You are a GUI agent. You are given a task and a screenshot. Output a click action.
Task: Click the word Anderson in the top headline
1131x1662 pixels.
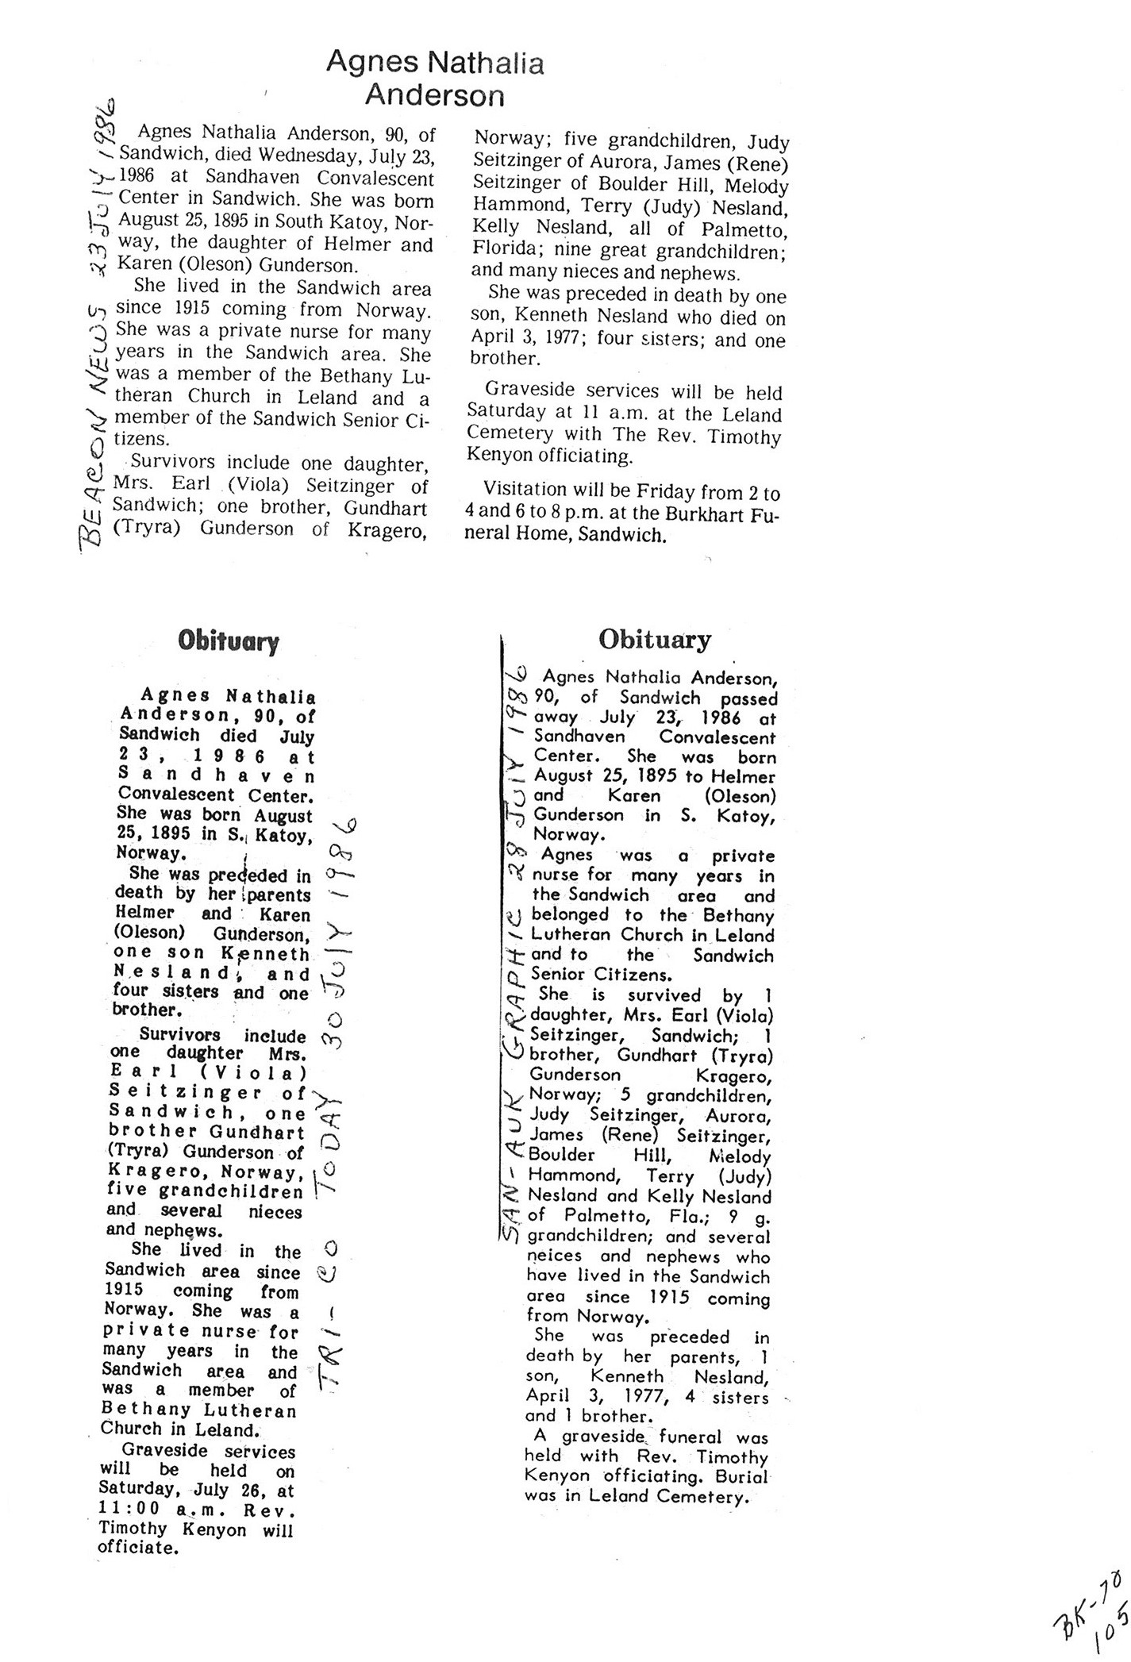tap(434, 96)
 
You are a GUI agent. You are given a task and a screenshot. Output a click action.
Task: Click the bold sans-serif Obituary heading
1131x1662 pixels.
tap(229, 641)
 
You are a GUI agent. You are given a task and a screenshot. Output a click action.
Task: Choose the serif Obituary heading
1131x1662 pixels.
tap(655, 639)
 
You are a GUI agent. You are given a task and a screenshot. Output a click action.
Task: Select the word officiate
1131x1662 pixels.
tap(136, 1548)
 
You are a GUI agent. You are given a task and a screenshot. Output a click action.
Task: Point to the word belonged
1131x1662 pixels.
tap(569, 915)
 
